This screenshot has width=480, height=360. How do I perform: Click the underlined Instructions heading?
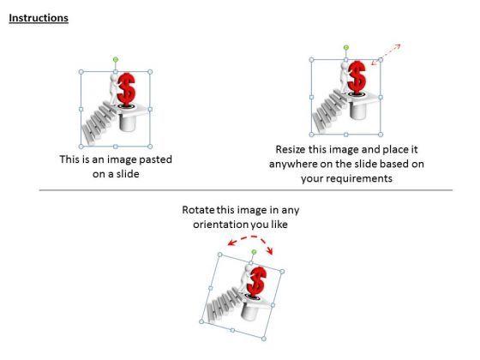coord(39,18)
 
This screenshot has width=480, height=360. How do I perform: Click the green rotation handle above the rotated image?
coord(254,252)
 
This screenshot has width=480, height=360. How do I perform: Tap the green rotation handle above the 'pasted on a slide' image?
coord(116,59)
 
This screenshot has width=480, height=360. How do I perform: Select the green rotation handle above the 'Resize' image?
coord(346,47)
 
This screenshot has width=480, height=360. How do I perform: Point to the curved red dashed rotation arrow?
coord(251,237)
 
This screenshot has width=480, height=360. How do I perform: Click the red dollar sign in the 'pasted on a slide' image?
coord(126,89)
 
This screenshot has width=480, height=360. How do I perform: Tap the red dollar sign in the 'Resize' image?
coord(357,76)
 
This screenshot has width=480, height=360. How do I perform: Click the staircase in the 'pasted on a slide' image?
coord(98,123)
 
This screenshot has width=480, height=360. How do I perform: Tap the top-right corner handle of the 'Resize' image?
coord(381,60)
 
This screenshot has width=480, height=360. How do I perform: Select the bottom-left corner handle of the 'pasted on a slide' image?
coord(81,147)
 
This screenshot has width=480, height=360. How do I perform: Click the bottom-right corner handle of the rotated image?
coord(264,339)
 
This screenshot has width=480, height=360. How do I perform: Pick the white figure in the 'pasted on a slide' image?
coord(113,89)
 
